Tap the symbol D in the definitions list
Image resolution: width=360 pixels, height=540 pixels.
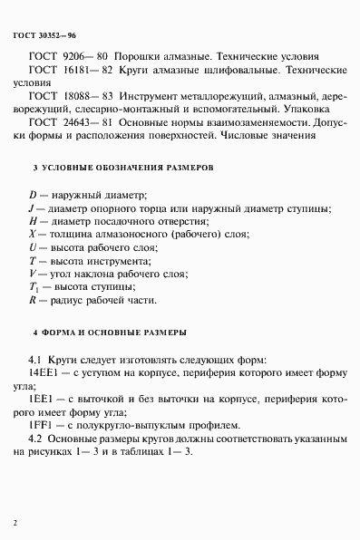(33, 193)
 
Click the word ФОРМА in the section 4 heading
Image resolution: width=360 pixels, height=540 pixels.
(62, 333)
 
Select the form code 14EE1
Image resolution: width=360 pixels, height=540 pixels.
(44, 370)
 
